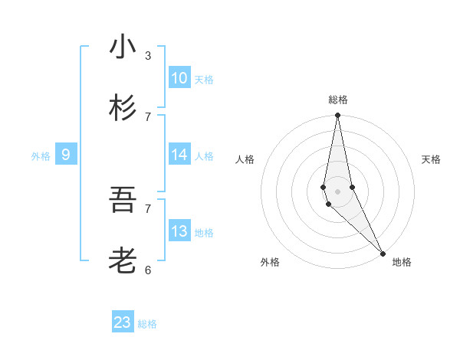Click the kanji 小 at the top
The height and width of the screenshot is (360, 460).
(x=123, y=47)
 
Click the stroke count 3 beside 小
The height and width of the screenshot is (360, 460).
(x=148, y=55)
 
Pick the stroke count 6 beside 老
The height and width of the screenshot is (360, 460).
(x=148, y=270)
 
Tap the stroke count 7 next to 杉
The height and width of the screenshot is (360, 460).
(x=148, y=116)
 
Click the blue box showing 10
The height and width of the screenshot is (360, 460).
(x=179, y=78)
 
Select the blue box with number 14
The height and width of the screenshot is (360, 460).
(x=179, y=155)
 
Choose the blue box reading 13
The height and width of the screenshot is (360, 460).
(x=179, y=231)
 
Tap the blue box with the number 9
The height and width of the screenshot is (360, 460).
(x=66, y=155)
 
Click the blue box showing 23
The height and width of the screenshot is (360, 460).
(x=123, y=322)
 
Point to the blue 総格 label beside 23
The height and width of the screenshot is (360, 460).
(x=148, y=324)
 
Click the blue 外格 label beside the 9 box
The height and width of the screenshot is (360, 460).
(x=41, y=156)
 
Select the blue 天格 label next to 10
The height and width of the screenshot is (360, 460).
(x=204, y=80)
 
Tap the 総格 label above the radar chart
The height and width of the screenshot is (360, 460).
(x=338, y=100)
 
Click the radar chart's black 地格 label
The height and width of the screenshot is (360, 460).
(x=402, y=262)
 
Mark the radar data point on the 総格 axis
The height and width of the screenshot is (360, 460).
(x=338, y=116)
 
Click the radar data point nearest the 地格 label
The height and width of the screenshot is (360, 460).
(x=383, y=253)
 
